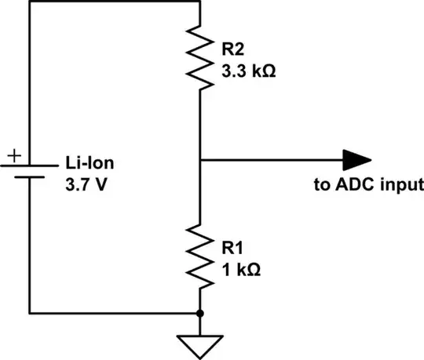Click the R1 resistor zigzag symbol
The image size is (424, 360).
coord(201,255)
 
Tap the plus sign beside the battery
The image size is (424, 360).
coord(12,156)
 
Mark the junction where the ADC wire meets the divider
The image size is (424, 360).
coord(201,160)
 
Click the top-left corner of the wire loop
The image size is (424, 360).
coord(29,2)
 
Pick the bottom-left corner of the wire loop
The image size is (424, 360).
coord(29,312)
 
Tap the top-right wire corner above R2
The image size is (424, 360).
coord(201,2)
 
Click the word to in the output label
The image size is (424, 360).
coord(320,185)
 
